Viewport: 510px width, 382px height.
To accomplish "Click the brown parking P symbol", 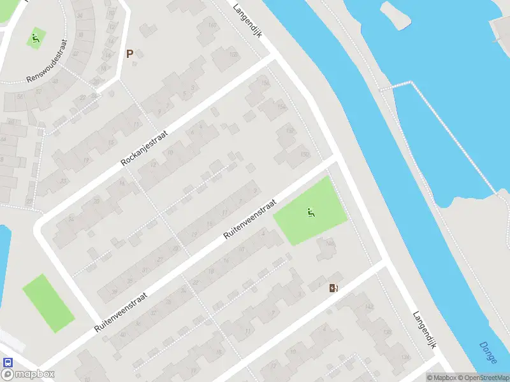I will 130,54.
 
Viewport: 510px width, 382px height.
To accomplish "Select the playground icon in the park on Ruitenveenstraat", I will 311,213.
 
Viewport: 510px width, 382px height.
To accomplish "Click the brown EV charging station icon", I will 333,288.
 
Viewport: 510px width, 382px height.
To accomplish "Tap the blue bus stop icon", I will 8,362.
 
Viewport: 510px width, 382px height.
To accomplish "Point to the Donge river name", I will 488,353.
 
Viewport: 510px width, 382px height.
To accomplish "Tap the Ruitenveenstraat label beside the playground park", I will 249,218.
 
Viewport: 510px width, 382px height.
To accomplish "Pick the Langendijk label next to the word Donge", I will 423,329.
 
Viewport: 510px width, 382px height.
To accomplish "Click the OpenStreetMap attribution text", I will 483,378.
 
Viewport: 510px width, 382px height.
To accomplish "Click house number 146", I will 330,243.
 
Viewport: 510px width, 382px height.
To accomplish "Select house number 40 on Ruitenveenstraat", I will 122,334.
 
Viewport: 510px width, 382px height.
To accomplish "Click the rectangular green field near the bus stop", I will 48,303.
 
